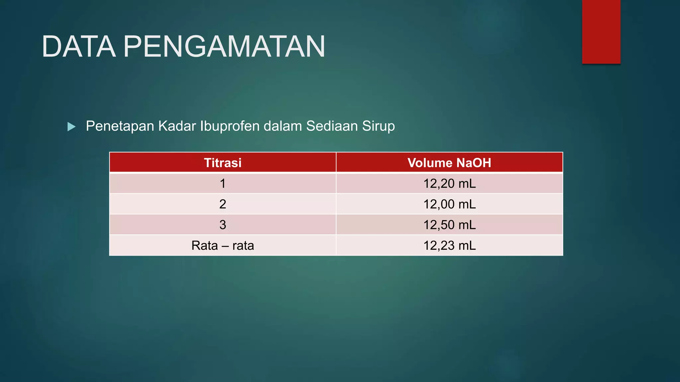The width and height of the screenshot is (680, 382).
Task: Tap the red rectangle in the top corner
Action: click(601, 32)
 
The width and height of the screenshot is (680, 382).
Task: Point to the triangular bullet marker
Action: click(71, 126)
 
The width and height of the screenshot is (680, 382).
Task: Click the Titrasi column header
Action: click(222, 163)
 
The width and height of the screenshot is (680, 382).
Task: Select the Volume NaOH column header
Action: click(449, 163)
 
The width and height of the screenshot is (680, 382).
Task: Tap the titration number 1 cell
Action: click(222, 183)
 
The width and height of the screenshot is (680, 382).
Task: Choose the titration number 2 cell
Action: click(222, 204)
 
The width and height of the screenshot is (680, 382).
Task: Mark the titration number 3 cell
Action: click(222, 225)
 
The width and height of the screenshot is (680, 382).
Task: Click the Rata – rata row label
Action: click(222, 245)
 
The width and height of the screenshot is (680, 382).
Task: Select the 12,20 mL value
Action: click(449, 183)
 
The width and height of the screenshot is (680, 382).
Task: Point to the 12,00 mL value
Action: click(449, 204)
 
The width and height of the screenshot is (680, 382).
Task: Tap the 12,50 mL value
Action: click(449, 225)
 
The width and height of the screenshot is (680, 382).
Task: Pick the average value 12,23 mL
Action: click(449, 245)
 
